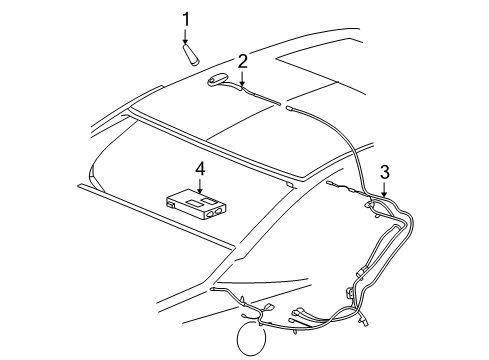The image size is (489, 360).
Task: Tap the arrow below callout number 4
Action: coord(199,186)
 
